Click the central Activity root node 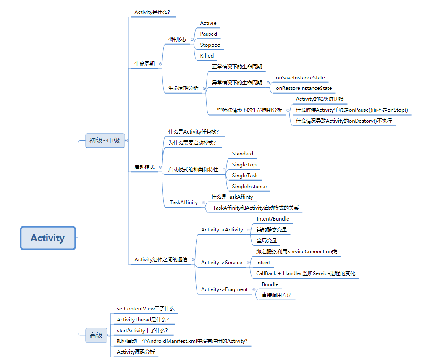(48, 238)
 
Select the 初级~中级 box (105, 141)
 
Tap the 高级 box (96, 335)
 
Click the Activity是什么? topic (152, 12)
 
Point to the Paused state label (208, 34)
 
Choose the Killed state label (207, 56)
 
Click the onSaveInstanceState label (300, 78)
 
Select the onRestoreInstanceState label (304, 89)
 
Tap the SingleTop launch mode (244, 165)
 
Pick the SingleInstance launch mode (249, 187)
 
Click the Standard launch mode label (242, 154)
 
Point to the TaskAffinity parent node (183, 202)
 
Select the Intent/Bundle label (273, 219)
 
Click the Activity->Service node (221, 263)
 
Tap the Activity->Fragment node (224, 289)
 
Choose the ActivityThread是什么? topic (143, 320)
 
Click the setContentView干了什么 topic (145, 309)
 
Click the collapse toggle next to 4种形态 (192, 39)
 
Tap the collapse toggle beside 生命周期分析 (204, 89)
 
